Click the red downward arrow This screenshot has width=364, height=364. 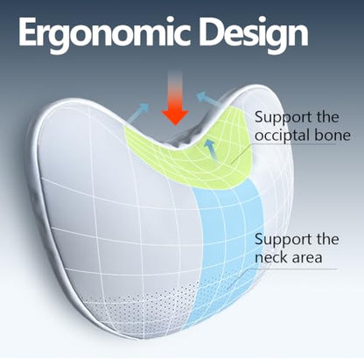(175, 98)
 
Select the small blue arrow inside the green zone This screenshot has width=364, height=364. (211, 150)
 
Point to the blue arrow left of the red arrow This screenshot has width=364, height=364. (138, 113)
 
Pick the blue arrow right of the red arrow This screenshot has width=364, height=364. (211, 101)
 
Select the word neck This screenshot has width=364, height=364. (271, 257)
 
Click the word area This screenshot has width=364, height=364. (307, 259)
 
